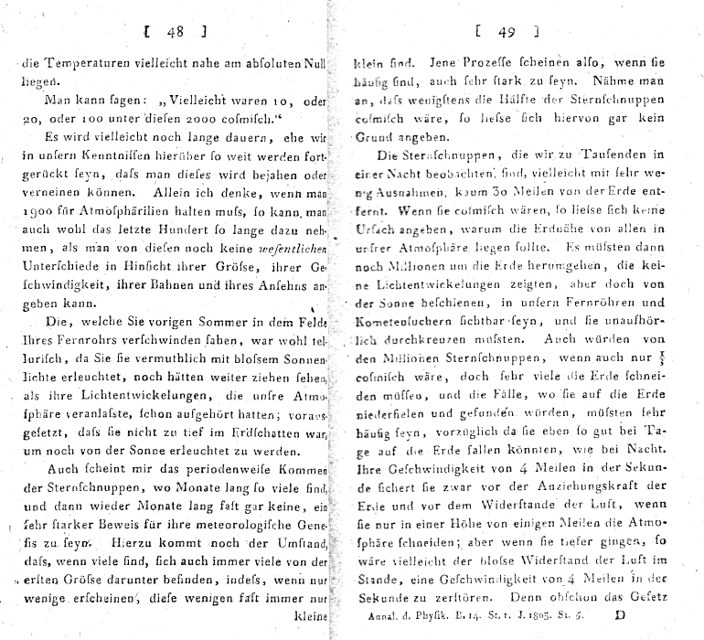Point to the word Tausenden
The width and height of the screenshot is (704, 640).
(x=623, y=155)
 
